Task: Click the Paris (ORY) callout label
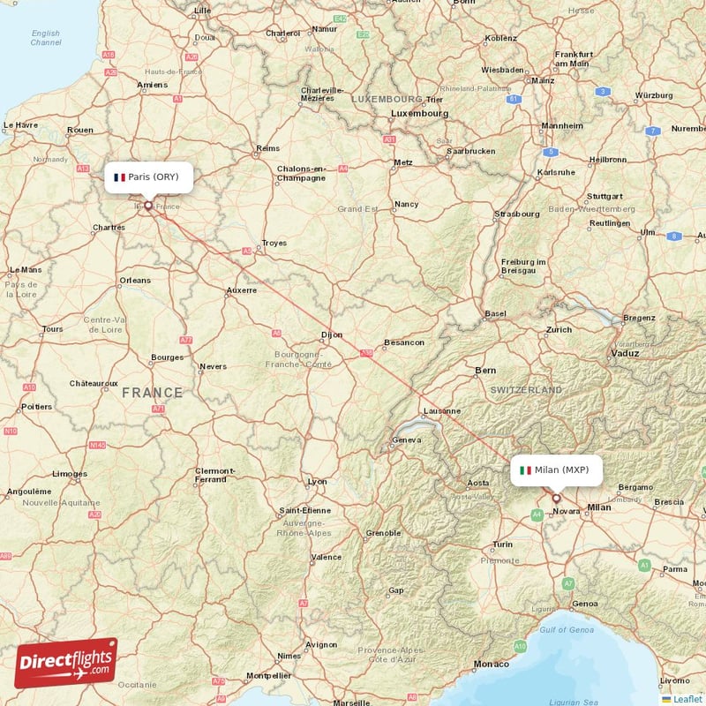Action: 146,176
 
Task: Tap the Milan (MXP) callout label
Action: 557,469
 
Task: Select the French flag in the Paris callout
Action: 119,177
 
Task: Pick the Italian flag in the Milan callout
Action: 525,470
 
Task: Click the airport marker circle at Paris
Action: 148,207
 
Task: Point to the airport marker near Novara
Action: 556,499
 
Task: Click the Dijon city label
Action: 331,335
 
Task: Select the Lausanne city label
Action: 441,410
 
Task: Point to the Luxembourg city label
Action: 420,114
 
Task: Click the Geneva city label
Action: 407,440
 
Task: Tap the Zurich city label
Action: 559,330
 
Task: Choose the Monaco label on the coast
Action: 492,664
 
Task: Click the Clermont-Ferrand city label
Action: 214,475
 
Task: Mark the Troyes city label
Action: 274,242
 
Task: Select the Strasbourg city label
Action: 517,214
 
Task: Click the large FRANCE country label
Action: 153,393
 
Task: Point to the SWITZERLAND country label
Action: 526,389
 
